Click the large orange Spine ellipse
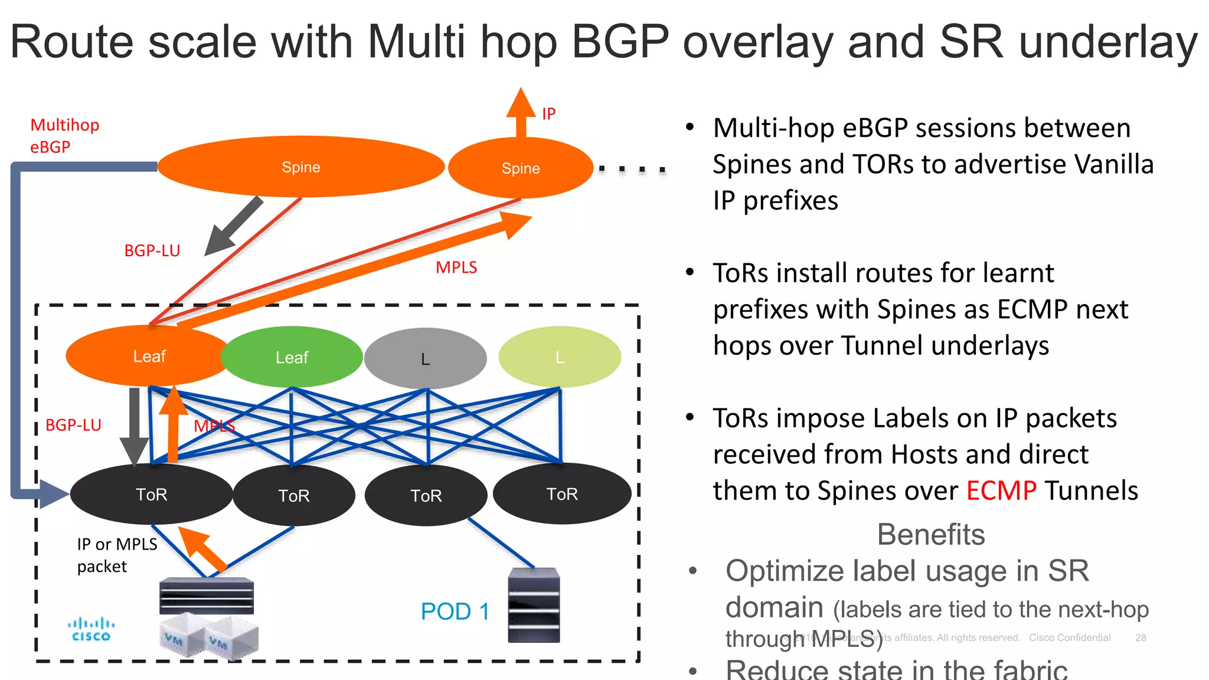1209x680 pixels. (x=300, y=167)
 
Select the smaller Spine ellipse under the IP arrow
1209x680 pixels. (x=520, y=168)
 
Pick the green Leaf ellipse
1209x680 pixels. (x=292, y=357)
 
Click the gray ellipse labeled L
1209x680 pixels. (x=425, y=358)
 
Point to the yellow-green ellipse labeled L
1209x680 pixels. (x=560, y=357)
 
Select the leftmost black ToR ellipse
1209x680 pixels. (x=151, y=495)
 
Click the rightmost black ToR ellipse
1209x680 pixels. (x=562, y=494)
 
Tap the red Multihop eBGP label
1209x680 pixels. (x=64, y=136)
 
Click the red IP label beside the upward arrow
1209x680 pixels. (x=548, y=113)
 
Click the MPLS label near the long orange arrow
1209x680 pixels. (x=456, y=267)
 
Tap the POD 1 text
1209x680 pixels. (x=455, y=612)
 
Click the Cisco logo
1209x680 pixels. (x=91, y=629)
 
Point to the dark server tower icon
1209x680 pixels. (x=534, y=606)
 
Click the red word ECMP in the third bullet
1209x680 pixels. (x=1001, y=491)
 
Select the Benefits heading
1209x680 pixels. (x=930, y=534)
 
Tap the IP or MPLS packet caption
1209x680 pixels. (x=116, y=555)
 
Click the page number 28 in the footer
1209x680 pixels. (x=1141, y=637)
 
